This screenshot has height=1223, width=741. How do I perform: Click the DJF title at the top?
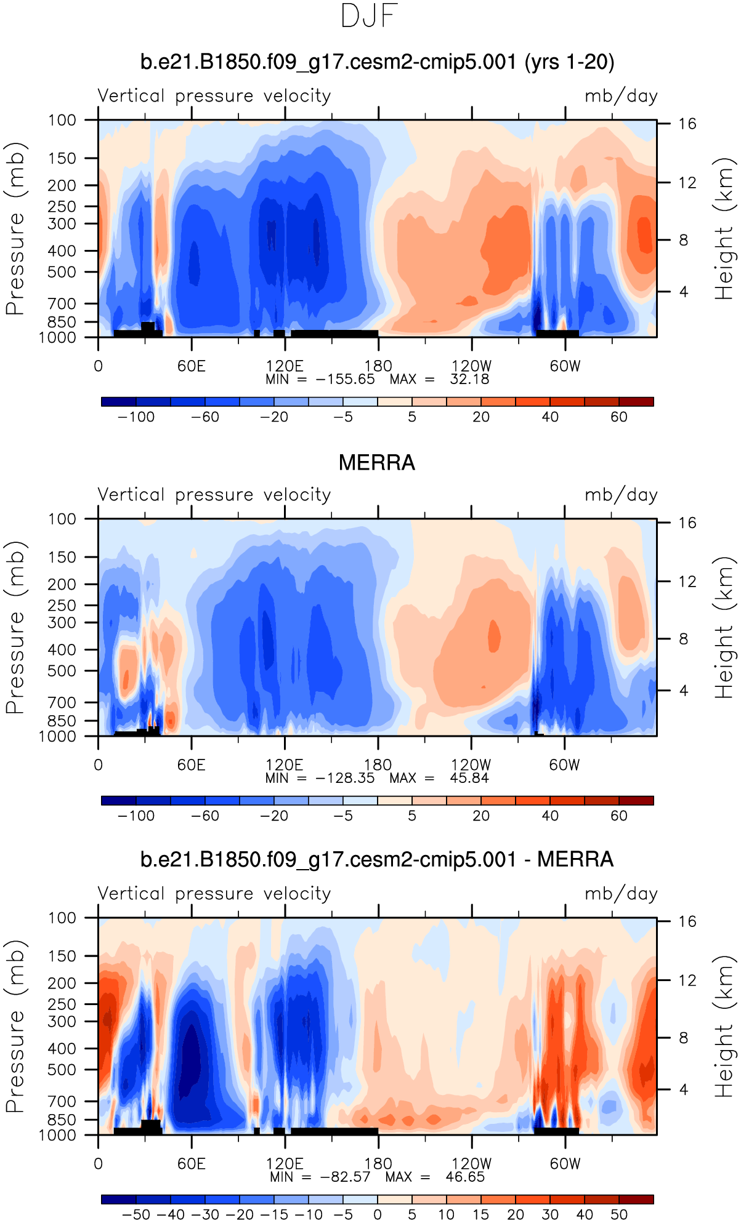point(370,17)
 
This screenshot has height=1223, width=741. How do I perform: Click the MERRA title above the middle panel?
point(377,463)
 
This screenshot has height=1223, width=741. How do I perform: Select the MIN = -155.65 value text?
point(345,379)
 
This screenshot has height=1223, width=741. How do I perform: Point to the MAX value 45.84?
point(469,778)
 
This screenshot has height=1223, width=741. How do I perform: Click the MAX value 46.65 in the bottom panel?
point(465,1177)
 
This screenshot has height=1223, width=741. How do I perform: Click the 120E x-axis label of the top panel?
point(285,366)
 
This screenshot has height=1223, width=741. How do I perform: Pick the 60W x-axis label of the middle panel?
point(565,765)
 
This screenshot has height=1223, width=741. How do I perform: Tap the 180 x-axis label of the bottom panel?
point(378,1164)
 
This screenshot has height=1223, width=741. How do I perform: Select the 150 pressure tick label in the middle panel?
point(62,557)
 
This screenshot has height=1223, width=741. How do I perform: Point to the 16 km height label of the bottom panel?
point(687,921)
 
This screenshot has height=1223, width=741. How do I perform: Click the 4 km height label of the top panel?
point(684,292)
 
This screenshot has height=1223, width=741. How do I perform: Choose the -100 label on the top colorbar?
point(136,417)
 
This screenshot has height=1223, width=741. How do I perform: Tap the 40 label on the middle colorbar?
point(550,816)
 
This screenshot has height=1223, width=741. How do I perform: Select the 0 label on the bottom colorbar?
point(378,1215)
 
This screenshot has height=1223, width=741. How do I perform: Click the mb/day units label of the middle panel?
point(621,495)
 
